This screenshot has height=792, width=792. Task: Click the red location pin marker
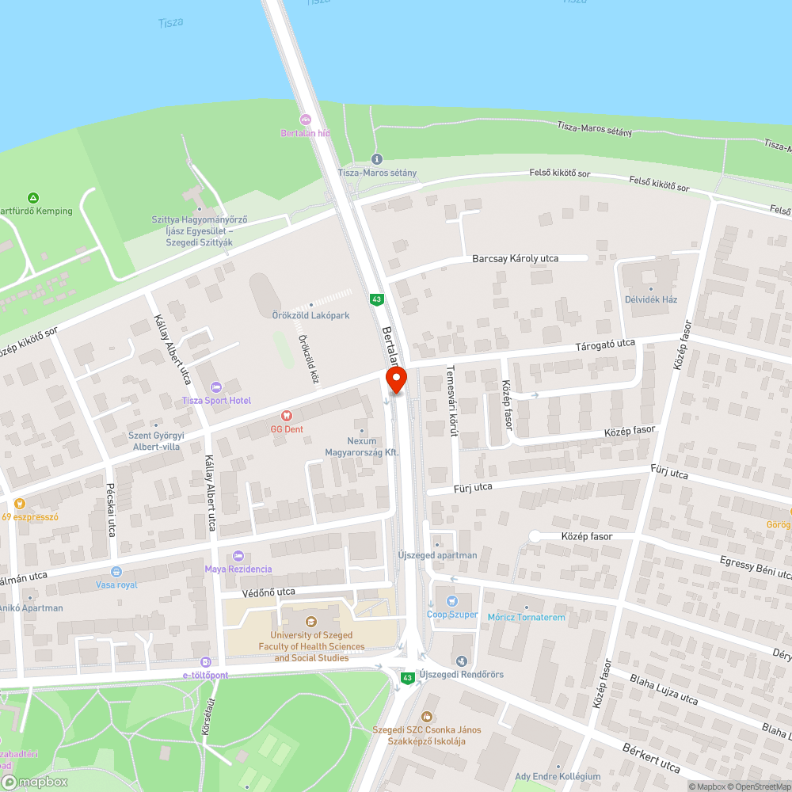click(396, 379)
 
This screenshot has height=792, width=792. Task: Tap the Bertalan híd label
click(305, 133)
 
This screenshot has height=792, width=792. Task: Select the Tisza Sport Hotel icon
click(215, 386)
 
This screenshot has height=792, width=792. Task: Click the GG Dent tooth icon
click(287, 416)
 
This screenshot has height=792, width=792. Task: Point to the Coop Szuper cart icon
click(451, 601)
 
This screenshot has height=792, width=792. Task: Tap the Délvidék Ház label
click(650, 299)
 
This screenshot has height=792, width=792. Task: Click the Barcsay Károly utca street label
click(516, 258)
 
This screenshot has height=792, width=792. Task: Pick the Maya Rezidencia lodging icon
click(238, 556)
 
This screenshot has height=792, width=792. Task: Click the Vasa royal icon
click(116, 572)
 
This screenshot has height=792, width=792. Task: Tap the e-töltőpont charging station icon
click(206, 662)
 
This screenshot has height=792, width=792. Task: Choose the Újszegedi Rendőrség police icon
click(463, 661)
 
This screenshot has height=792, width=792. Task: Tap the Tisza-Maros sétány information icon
click(376, 159)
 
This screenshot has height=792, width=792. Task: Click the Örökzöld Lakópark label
click(317, 315)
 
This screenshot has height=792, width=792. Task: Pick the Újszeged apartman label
click(437, 555)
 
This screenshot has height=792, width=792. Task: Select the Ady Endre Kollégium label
click(558, 776)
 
